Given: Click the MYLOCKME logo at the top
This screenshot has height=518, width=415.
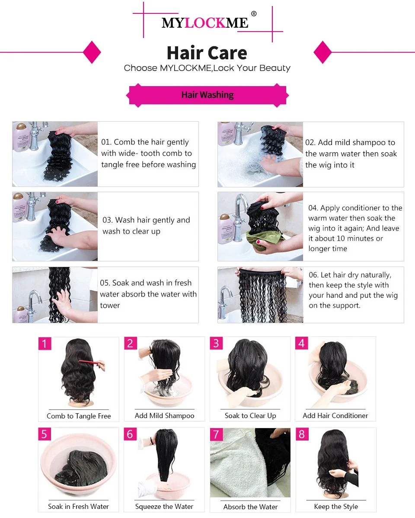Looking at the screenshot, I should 205,23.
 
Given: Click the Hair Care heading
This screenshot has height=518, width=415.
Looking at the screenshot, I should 207,53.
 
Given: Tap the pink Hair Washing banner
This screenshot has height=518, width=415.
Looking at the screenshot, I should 207,95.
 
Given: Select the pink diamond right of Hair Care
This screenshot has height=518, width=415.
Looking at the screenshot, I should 322,52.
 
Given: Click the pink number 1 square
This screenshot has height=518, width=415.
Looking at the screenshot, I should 45,344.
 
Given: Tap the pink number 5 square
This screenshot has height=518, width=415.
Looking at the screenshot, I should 45,434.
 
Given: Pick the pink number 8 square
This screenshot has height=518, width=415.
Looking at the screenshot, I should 302,434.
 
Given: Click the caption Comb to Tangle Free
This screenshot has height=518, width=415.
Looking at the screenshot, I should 79,416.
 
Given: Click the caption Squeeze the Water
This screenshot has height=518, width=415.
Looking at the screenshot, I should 164,506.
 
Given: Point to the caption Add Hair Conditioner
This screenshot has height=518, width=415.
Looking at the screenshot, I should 335,415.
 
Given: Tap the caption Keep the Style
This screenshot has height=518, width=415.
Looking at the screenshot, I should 336,506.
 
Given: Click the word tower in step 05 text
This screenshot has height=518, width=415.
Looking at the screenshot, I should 110,306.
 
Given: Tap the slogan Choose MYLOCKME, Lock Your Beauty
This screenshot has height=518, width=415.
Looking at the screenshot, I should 207,68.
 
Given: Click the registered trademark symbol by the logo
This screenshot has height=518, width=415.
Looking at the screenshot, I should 254,13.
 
